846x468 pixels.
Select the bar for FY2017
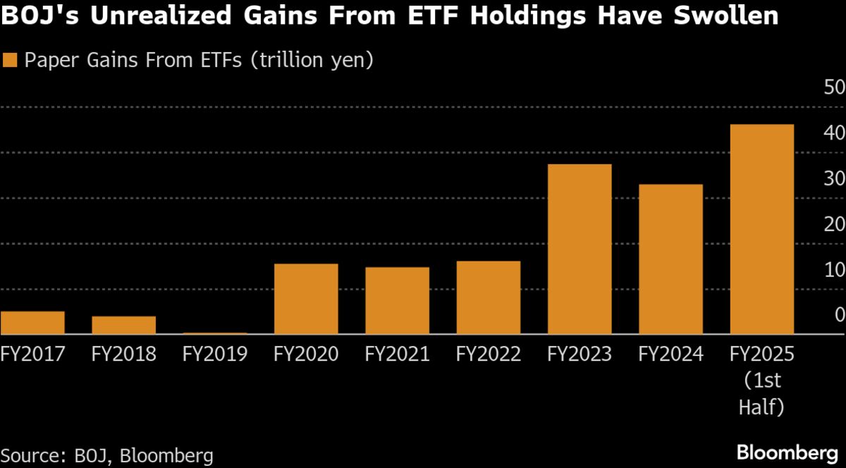pyautogui.click(x=32, y=323)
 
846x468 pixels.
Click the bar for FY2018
pyautogui.click(x=123, y=325)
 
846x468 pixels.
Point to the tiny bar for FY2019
pyautogui.click(x=215, y=333)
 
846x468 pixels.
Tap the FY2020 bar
pyautogui.click(x=306, y=299)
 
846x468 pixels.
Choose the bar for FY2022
pyautogui.click(x=489, y=297)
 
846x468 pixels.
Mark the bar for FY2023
pyautogui.click(x=580, y=249)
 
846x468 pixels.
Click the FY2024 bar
pyautogui.click(x=670, y=259)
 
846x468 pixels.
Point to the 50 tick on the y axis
pyautogui.click(x=829, y=88)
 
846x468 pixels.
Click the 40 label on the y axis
pyautogui.click(x=829, y=133)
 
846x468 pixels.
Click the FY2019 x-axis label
pyautogui.click(x=215, y=354)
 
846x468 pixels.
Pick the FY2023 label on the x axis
pyautogui.click(x=580, y=354)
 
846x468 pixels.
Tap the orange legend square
pyautogui.click(x=9, y=60)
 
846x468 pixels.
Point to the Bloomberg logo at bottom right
pyautogui.click(x=787, y=452)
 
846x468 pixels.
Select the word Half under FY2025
pyautogui.click(x=761, y=408)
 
